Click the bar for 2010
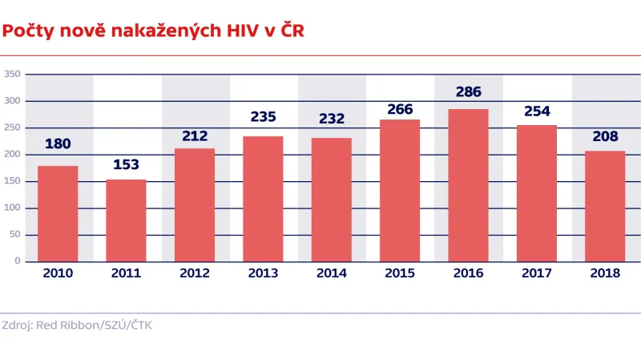click(x=58, y=213)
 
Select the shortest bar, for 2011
click(x=127, y=220)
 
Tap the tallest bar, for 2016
click(x=468, y=185)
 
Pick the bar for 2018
click(x=605, y=206)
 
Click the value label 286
click(x=468, y=92)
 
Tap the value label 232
click(x=331, y=119)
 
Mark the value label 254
click(x=536, y=111)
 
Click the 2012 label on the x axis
click(x=195, y=273)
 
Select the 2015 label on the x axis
click(x=400, y=273)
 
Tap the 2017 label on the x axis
click(x=536, y=273)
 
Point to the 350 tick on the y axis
click(x=12, y=74)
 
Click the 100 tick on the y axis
click(x=12, y=208)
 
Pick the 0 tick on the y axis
click(x=16, y=261)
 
